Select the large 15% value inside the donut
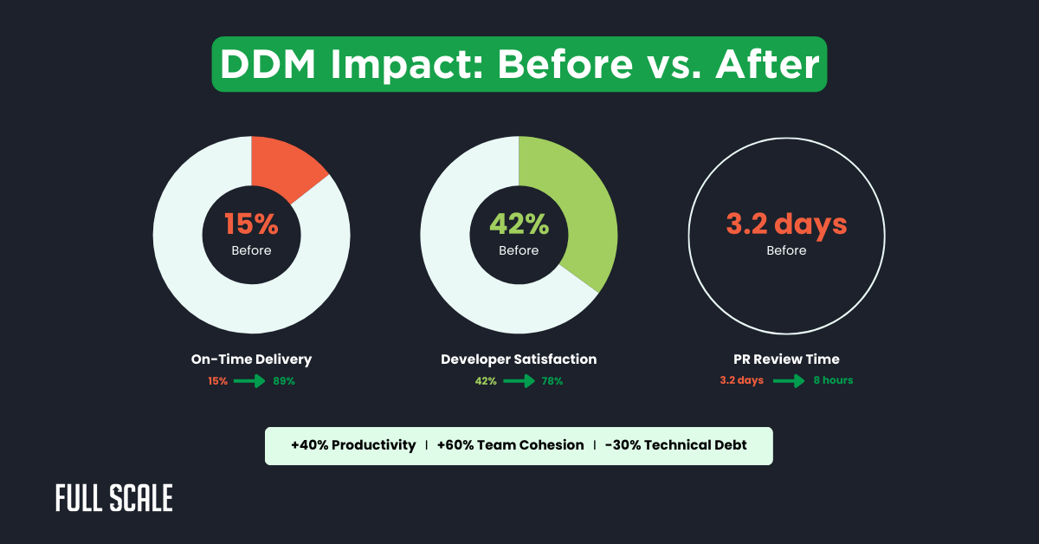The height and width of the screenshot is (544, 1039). coord(251,224)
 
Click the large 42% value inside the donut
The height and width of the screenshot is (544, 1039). coord(519,224)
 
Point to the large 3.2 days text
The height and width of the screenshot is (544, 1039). coord(786,224)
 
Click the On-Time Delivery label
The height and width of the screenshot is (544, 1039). coord(251,359)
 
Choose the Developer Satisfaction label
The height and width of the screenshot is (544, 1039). coord(519,359)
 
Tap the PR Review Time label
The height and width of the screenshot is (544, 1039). coord(786,359)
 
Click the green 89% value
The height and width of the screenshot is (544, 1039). coord(283,381)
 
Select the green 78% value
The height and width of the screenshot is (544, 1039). coord(551,381)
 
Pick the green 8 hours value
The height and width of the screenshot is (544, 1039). coord(833,380)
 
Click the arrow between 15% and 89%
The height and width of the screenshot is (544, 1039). coord(249,381)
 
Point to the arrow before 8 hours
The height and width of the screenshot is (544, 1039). coord(789,380)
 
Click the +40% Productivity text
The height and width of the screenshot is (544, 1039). coord(353,445)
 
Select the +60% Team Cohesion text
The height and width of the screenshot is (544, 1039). coord(510,445)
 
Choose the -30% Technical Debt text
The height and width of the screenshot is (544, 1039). coord(675,445)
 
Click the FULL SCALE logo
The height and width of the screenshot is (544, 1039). coord(113,498)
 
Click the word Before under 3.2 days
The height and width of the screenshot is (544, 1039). coord(786,250)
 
